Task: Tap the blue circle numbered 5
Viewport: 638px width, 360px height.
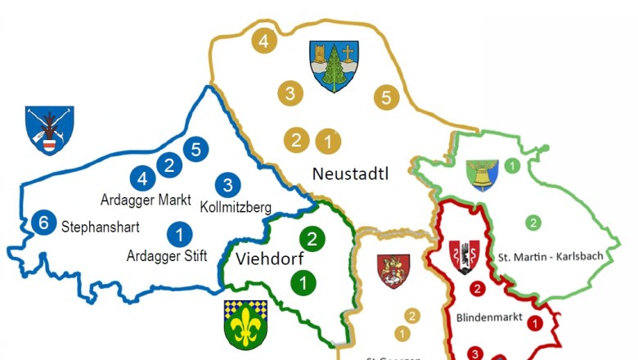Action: coord(195,149)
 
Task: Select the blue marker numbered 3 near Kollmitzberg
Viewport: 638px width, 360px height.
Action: coord(228,185)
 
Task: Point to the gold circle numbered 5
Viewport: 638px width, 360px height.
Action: coord(387,97)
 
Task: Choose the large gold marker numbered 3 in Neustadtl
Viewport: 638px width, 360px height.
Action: coord(290,92)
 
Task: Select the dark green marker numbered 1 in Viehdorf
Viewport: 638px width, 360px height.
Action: coord(304,284)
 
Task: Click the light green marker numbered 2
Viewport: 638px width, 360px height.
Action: coord(532,222)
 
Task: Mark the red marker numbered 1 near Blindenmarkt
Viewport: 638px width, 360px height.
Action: coord(535,324)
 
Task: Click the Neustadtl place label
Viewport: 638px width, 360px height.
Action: coord(349,173)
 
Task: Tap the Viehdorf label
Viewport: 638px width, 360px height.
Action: coord(264,260)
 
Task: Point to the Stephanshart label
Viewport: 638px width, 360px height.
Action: coord(100,227)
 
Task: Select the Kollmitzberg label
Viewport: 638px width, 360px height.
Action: coord(236,206)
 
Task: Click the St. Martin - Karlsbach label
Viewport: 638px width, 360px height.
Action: coord(550,257)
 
